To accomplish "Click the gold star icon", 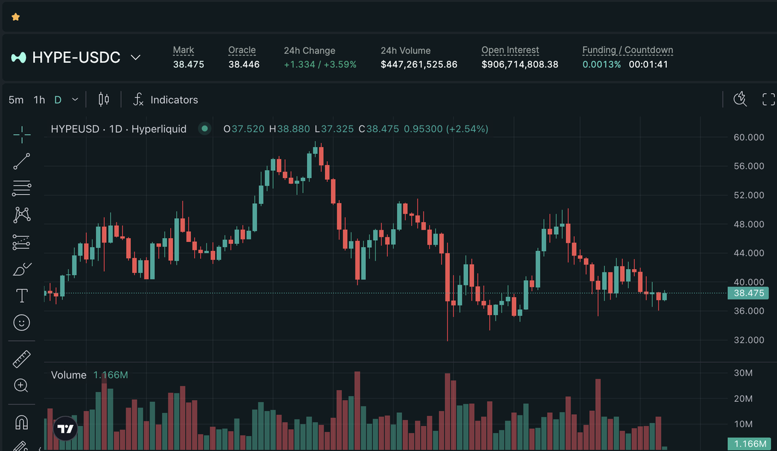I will pyautogui.click(x=16, y=17).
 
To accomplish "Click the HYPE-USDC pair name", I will pyautogui.click(x=76, y=57).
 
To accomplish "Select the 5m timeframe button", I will pyautogui.click(x=16, y=100).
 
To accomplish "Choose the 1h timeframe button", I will pyautogui.click(x=39, y=100).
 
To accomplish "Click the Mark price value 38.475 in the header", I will pyautogui.click(x=188, y=64).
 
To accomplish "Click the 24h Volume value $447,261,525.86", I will pyautogui.click(x=419, y=64).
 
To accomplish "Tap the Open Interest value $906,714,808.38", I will pyautogui.click(x=520, y=64).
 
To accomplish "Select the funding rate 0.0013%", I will pyautogui.click(x=602, y=64).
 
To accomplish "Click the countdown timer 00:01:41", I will pyautogui.click(x=648, y=64).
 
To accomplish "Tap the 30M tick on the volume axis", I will pyautogui.click(x=743, y=373).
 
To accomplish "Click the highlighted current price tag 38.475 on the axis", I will pyautogui.click(x=749, y=293).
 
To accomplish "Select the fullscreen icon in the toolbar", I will pyautogui.click(x=769, y=99).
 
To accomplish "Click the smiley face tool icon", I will pyautogui.click(x=21, y=322).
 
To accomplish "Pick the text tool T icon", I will pyautogui.click(x=21, y=296).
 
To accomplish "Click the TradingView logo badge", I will pyautogui.click(x=65, y=428).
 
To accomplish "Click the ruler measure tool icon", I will pyautogui.click(x=21, y=359).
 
